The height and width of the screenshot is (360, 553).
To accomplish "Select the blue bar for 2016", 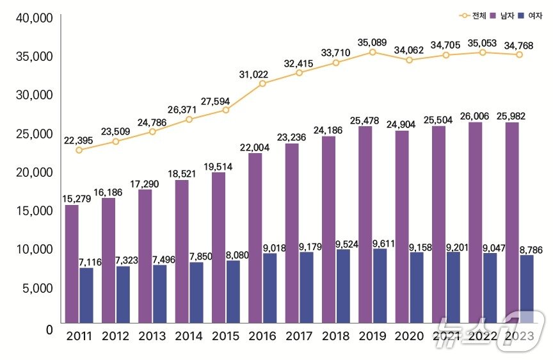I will (x=269, y=288).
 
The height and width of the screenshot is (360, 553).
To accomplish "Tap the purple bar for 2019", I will (x=365, y=224).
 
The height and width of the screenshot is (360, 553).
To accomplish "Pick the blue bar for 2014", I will (x=196, y=292).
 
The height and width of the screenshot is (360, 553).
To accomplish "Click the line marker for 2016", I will (x=262, y=83).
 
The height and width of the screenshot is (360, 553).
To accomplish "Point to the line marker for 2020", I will (x=409, y=60).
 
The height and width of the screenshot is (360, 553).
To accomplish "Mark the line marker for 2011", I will (x=79, y=150).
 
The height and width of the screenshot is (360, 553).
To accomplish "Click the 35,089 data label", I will (x=373, y=43).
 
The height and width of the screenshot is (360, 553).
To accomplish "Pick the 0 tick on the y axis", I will (x=48, y=329).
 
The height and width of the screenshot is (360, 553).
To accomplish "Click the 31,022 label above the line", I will (x=263, y=75).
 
